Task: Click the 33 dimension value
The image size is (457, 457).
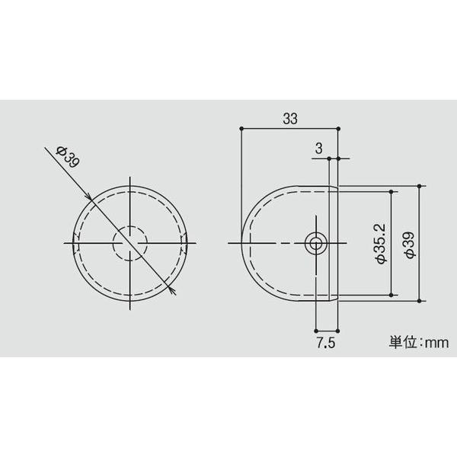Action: [x=289, y=119]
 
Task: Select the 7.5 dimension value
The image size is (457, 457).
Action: [x=326, y=344]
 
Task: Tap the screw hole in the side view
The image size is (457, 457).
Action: [x=315, y=244]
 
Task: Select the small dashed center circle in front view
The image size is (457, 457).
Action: [x=130, y=244]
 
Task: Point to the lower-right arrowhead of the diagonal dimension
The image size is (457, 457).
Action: [x=174, y=292]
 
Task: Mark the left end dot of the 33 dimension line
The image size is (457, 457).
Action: [x=241, y=129]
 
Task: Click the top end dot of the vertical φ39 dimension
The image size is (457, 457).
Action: [x=420, y=186]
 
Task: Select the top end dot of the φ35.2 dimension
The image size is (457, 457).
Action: [x=392, y=192]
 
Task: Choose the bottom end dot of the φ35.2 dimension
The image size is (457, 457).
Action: [x=392, y=295]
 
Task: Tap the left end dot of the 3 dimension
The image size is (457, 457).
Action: [x=329, y=158]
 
